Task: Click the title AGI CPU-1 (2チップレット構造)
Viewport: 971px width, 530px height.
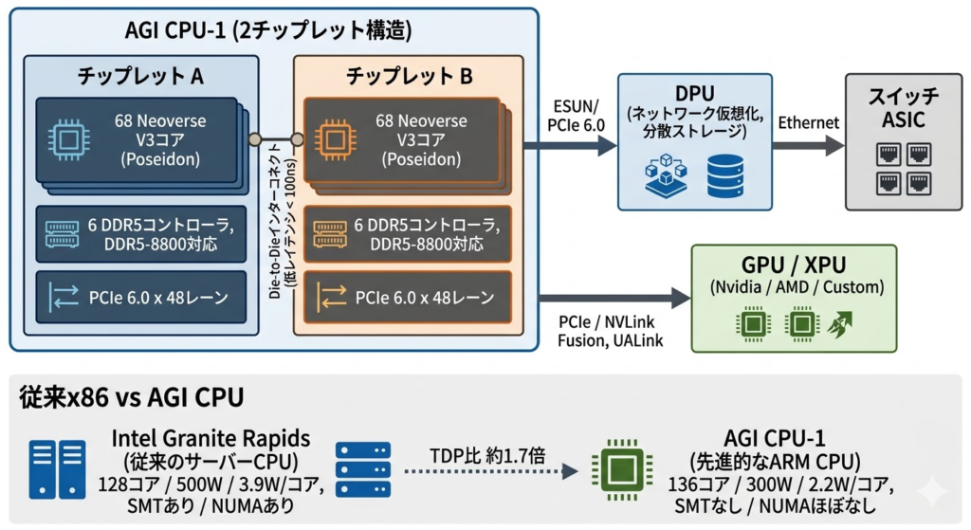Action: [x=268, y=30]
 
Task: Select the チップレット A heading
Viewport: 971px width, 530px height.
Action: [x=141, y=75]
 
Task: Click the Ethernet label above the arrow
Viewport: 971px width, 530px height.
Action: [x=807, y=122]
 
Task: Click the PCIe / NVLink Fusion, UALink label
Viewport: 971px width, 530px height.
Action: [x=607, y=333]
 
